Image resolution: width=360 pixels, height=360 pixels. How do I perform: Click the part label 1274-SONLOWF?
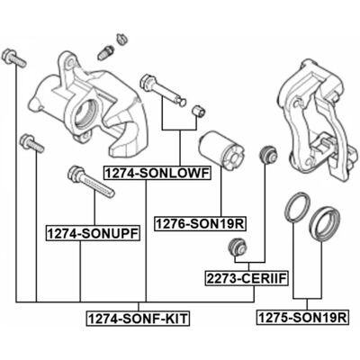[x=157, y=173]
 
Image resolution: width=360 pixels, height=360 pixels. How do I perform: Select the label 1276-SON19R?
[x=200, y=223]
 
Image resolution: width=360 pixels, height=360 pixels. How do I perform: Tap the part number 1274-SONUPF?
[x=93, y=233]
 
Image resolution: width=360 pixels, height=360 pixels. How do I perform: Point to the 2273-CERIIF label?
[x=247, y=278]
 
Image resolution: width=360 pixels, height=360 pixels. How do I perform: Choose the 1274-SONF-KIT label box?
[x=138, y=318]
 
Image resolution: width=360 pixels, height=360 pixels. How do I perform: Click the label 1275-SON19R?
[x=302, y=317]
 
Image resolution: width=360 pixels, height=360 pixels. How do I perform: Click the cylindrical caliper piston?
[x=222, y=148]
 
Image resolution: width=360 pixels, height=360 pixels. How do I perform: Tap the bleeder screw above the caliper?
[x=105, y=52]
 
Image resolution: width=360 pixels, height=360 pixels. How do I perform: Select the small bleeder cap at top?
[x=121, y=39]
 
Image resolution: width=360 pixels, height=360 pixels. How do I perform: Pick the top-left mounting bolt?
[x=13, y=58]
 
